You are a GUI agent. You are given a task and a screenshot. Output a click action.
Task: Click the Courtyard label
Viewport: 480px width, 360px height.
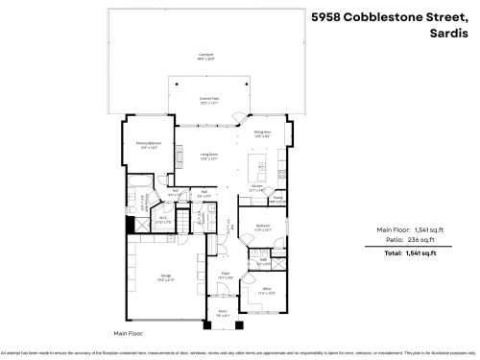tap(204, 55)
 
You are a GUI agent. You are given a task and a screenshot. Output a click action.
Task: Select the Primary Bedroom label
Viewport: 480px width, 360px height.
tap(147, 145)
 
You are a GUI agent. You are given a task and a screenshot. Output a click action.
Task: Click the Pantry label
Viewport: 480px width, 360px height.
tap(278, 198)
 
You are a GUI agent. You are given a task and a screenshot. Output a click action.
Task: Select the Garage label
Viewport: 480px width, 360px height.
tap(165, 278)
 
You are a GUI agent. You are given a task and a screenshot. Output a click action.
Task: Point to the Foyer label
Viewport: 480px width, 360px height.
tap(223, 277)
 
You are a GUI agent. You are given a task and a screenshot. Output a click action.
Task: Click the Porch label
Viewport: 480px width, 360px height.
tap(222, 312)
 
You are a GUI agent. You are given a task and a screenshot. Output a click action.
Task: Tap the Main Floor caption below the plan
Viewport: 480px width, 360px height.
tap(127, 333)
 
